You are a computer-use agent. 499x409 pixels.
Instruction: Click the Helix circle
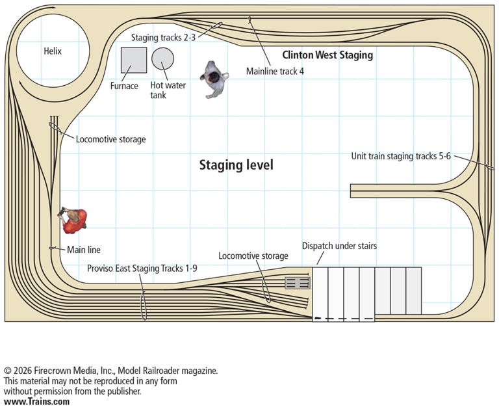point(51,51)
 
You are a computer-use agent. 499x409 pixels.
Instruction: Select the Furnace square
point(133,60)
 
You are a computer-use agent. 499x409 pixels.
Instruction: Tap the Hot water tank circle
point(162,59)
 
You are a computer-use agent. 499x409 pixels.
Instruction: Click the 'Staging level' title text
point(236,165)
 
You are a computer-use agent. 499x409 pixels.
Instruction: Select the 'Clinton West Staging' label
point(327,55)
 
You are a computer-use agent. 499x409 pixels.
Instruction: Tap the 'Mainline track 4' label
point(275,72)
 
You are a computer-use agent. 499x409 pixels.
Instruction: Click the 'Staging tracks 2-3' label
point(163,37)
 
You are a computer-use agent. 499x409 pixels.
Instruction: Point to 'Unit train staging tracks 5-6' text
point(401,156)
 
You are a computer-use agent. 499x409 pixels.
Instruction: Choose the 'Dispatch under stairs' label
point(339,246)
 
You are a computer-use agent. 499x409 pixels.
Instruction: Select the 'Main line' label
point(84,249)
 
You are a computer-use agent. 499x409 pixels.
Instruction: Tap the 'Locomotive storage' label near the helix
point(110,139)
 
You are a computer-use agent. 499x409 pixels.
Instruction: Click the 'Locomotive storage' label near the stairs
point(253,256)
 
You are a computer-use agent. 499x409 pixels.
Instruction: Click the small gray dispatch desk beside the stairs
point(298,283)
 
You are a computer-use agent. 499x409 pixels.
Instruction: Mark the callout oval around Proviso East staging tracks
point(144,305)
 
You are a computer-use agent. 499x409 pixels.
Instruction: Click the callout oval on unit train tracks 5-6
point(486,165)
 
